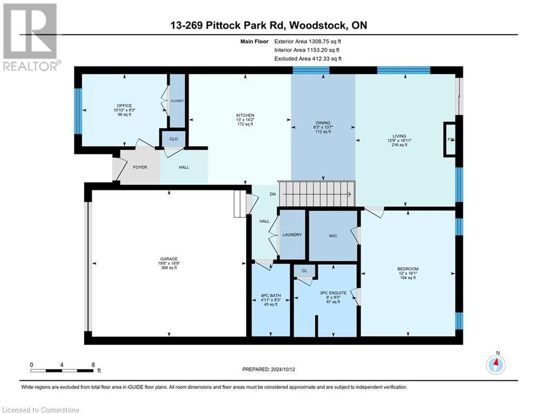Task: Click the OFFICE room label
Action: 124,106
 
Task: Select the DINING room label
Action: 323,123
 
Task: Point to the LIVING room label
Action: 399,136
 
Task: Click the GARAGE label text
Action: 168,259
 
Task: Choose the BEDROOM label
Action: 407,268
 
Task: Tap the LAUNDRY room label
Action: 291,234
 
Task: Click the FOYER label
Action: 140,168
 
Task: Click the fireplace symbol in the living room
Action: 449,139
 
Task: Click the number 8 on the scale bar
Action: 93,364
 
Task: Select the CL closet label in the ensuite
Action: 304,271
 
